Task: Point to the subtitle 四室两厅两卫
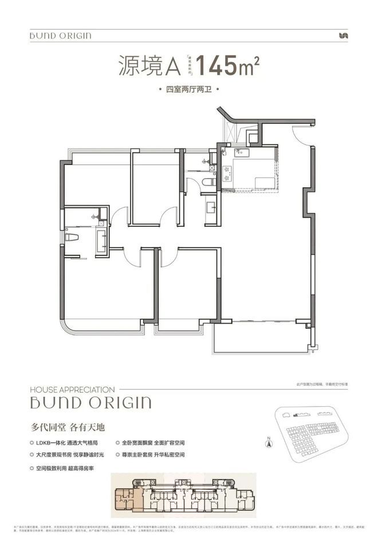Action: point(188,91)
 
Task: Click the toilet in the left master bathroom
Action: point(72,236)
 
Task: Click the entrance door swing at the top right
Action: point(301,133)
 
